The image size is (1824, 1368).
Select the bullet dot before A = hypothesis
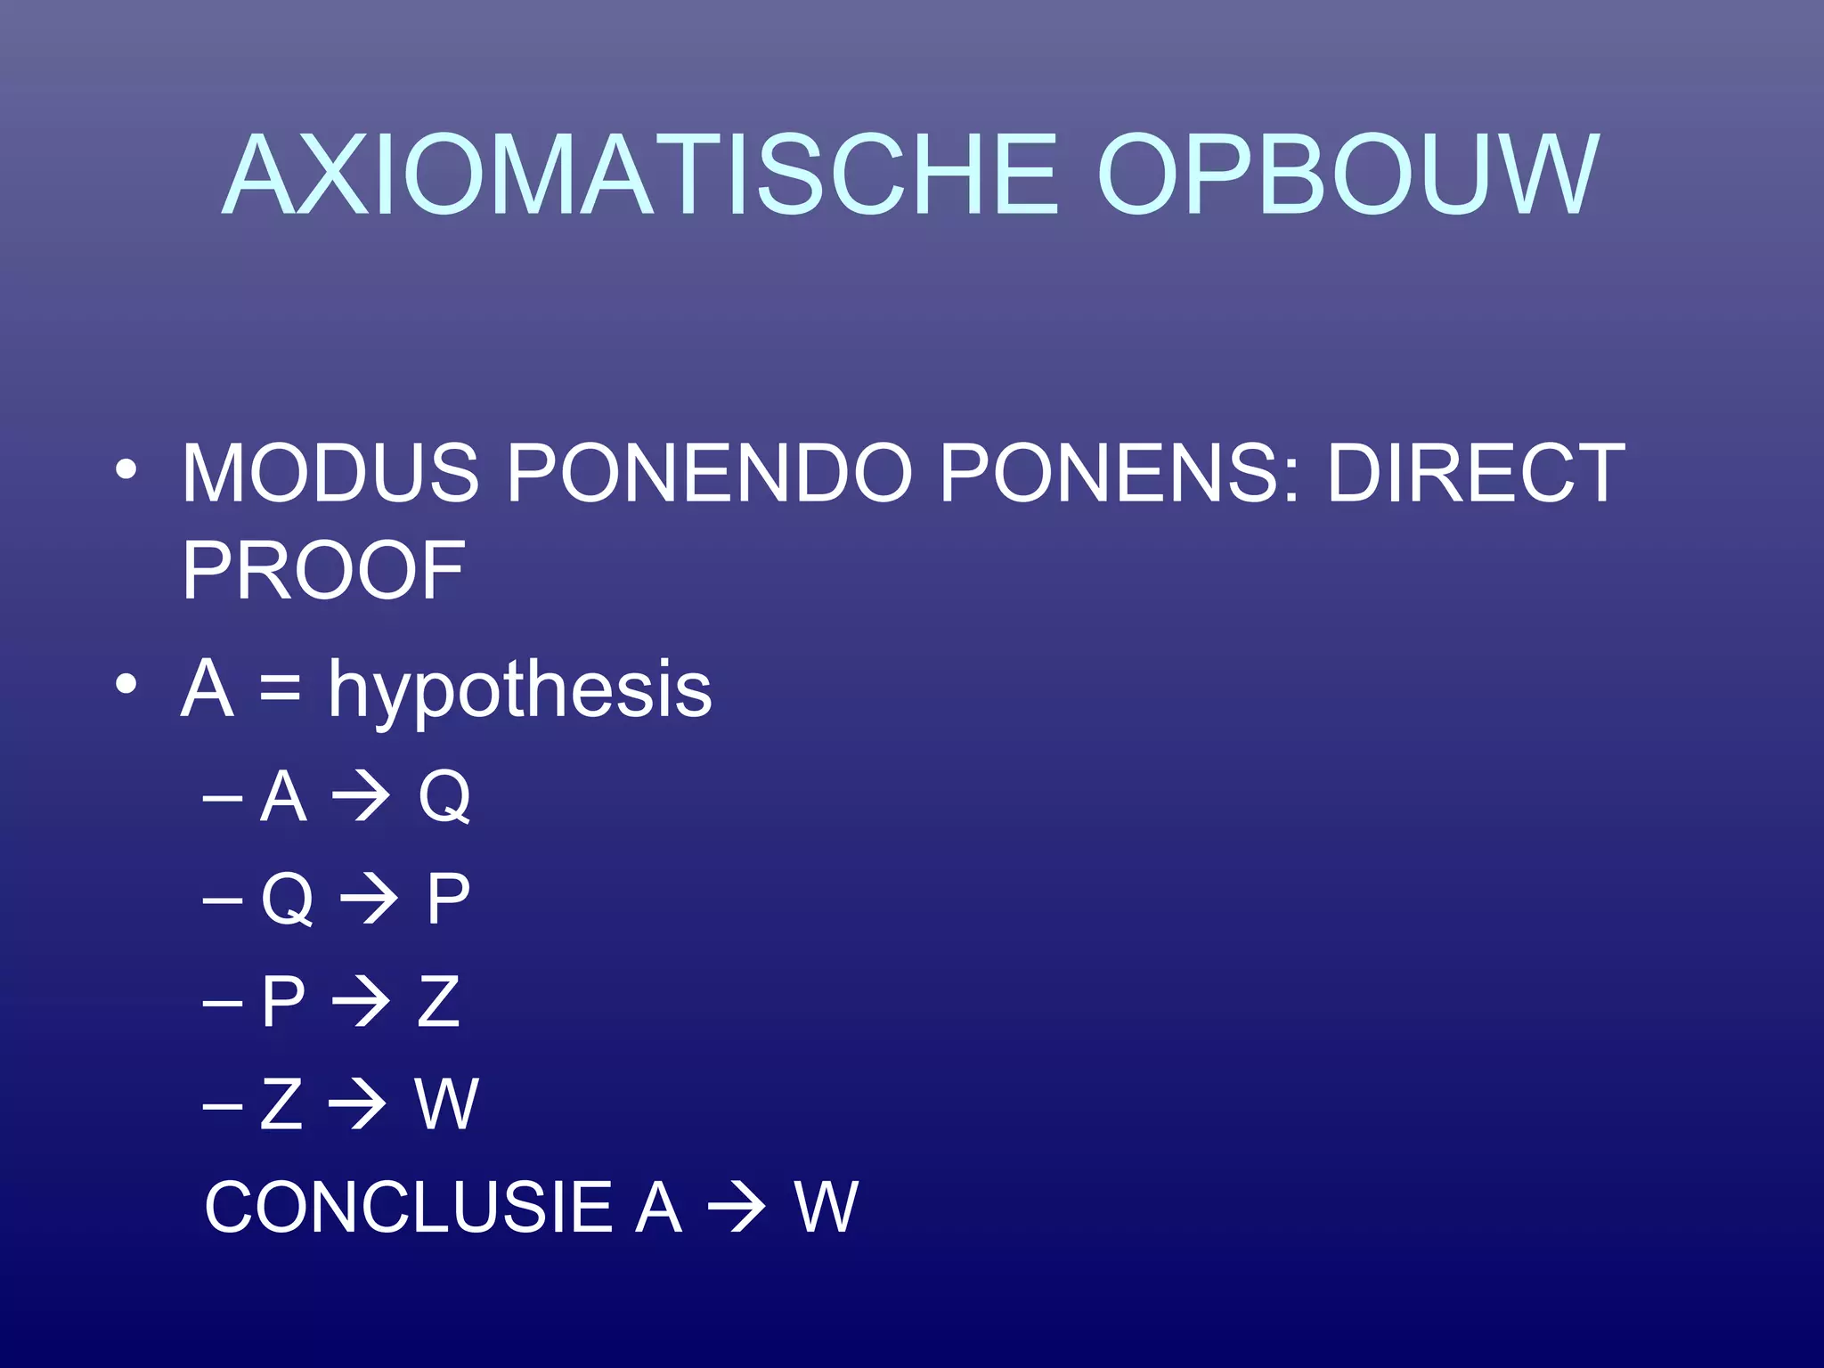click(126, 685)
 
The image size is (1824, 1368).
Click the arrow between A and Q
click(361, 796)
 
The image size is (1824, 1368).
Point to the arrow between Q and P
click(369, 899)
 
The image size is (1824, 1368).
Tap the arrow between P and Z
click(361, 1001)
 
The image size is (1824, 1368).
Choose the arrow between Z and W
click(357, 1104)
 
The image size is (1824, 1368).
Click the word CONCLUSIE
click(409, 1207)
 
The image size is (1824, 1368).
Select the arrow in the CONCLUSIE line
click(737, 1208)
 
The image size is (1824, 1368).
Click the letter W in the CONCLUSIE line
click(826, 1207)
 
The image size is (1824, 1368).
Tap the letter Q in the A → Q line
click(444, 796)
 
